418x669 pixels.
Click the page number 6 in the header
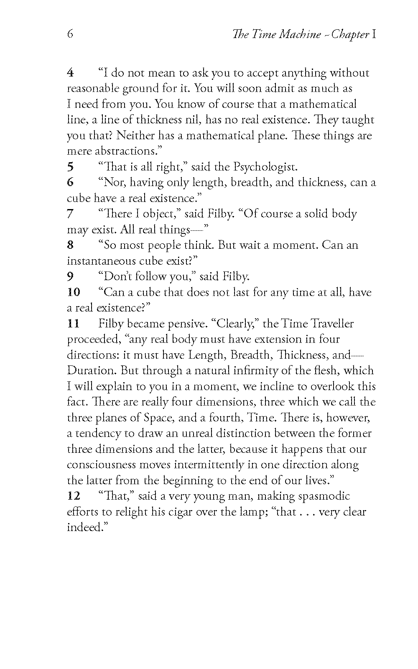tap(70, 34)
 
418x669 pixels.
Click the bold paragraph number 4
tap(71, 73)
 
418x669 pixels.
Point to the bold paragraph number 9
tap(71, 276)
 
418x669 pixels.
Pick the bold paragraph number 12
tap(74, 496)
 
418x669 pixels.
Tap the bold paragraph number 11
tap(74, 324)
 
